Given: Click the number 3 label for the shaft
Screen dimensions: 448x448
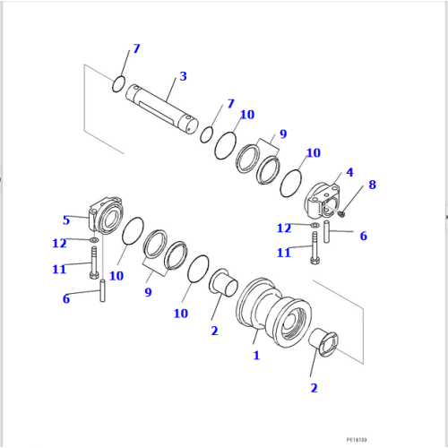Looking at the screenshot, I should click(183, 76).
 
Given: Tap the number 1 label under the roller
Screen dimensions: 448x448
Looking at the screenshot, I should click(256, 355).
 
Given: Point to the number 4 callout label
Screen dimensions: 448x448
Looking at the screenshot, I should click(349, 172).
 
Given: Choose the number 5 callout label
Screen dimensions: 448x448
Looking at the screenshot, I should click(65, 220).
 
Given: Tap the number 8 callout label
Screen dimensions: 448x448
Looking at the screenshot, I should click(372, 185).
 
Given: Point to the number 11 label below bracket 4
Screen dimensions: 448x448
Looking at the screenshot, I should click(283, 253).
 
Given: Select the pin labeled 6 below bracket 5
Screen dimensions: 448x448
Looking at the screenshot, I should click(103, 291).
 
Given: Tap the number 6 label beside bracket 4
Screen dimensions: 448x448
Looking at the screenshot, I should click(363, 236).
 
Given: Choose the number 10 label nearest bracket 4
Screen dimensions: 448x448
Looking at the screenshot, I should click(313, 153).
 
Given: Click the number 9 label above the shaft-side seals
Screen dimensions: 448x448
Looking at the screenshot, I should click(282, 134).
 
